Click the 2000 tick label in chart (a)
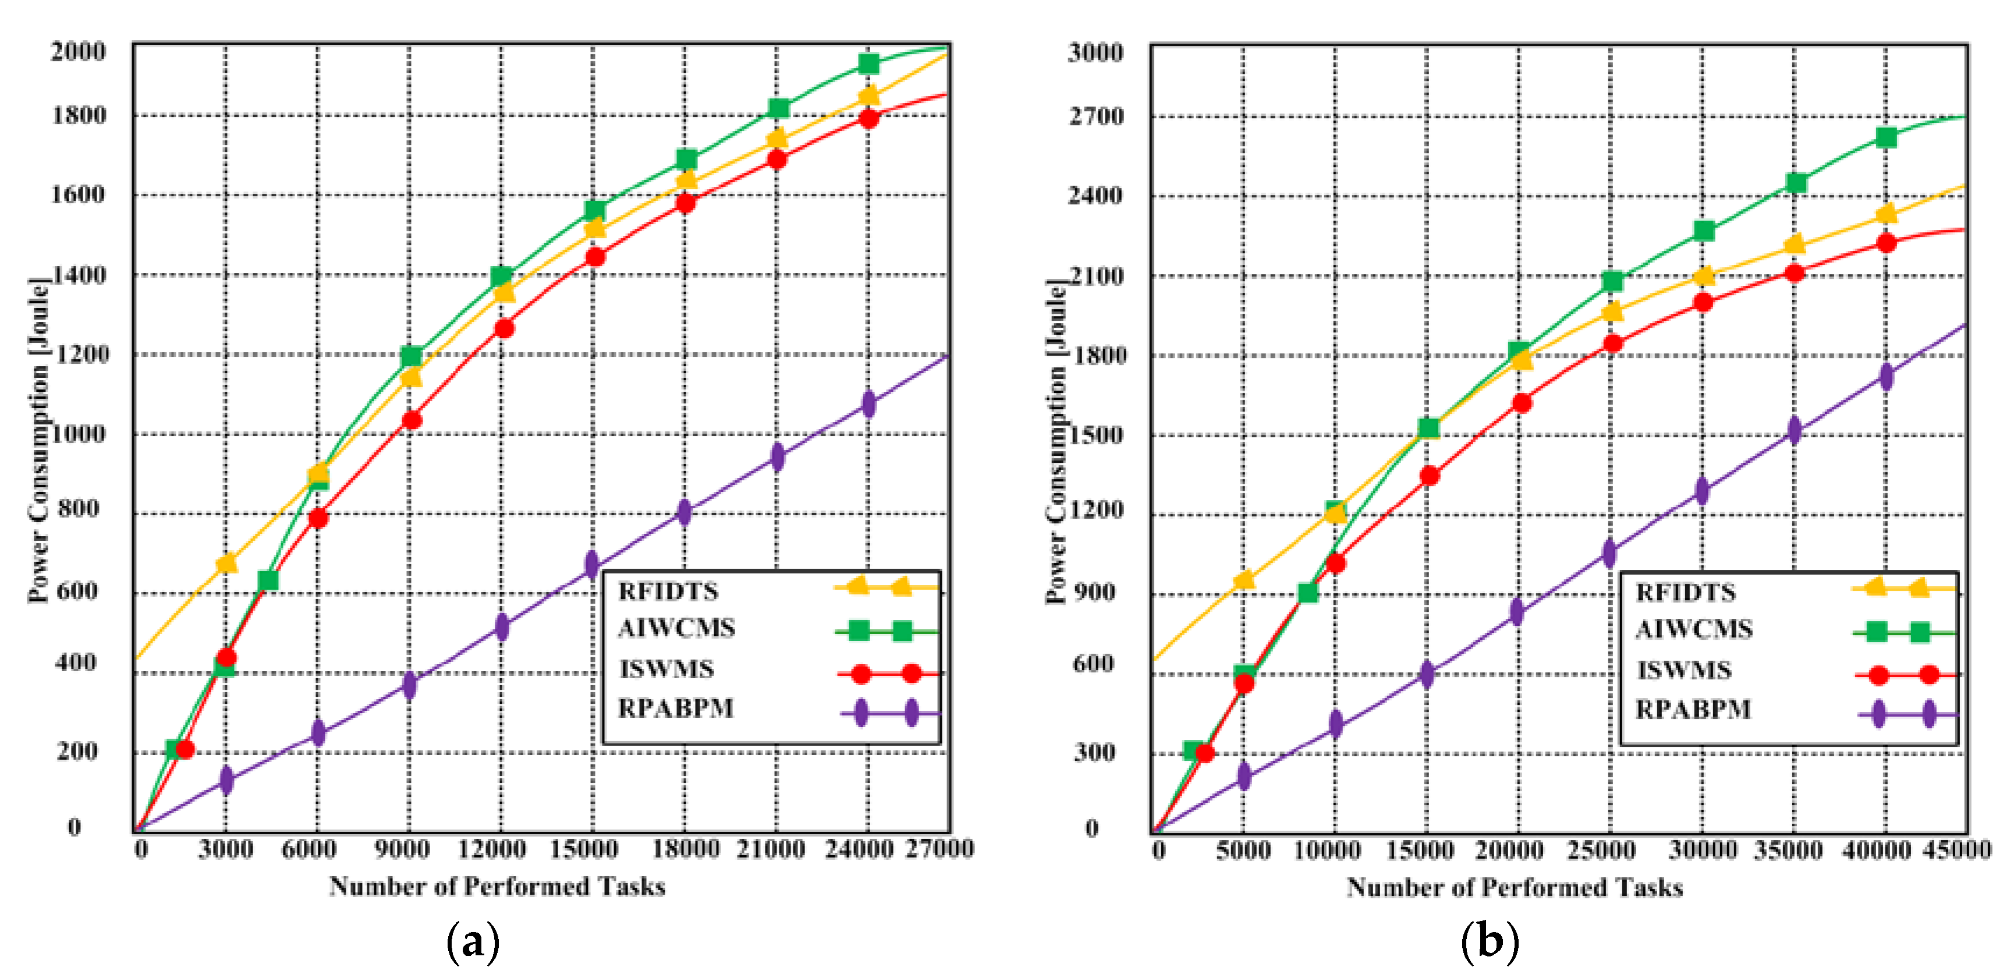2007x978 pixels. coord(78,51)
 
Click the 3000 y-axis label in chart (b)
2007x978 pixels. coord(1095,52)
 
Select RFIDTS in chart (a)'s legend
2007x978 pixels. coord(668,591)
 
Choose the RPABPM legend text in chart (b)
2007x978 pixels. coord(1692,709)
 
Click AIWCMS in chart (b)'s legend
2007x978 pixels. coord(1693,629)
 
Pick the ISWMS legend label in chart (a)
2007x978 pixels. coord(666,669)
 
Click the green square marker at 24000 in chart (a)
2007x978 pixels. coord(868,63)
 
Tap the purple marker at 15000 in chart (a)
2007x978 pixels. coord(592,564)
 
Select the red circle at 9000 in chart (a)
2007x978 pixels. coord(412,420)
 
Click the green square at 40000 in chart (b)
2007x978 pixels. coord(1885,138)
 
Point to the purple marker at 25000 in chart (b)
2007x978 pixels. coord(1609,553)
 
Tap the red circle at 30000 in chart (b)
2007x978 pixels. coord(1703,302)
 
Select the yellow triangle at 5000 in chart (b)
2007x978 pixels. coord(1243,579)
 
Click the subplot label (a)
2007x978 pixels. coord(472,941)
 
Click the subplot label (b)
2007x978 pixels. coord(1489,941)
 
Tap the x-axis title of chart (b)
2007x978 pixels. coord(1514,887)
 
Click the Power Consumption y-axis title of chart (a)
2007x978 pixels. coord(37,440)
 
